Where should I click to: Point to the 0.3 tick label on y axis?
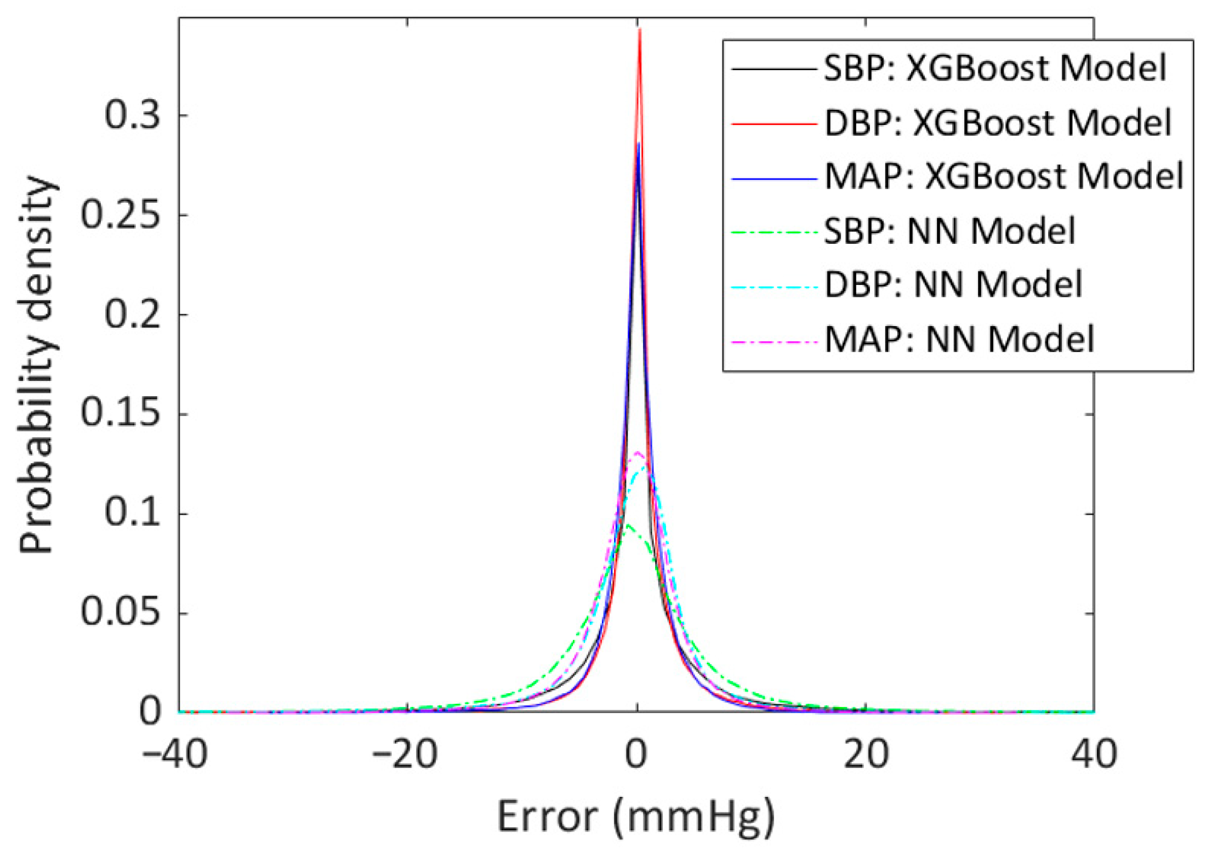(133, 116)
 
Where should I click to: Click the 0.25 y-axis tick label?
(121, 215)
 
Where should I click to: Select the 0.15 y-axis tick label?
(121, 413)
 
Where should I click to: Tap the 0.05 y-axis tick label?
(121, 612)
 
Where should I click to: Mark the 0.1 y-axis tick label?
(133, 514)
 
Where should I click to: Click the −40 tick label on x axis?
(174, 755)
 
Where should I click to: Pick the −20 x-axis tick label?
(405, 755)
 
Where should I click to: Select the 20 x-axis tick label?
(866, 755)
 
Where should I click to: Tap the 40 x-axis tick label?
(1094, 755)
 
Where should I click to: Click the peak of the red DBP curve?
(640, 30)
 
